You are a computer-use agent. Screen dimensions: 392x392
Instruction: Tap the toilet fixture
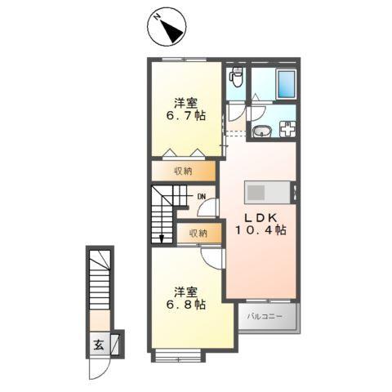(236, 78)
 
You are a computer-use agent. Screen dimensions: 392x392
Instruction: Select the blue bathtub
(287, 83)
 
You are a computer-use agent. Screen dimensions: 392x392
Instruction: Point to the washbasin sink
(262, 131)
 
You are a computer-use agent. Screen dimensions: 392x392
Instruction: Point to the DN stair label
(200, 197)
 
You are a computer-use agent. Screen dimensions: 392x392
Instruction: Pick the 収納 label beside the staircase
(199, 234)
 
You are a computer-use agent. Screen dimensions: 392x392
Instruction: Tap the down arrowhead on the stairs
(163, 238)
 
